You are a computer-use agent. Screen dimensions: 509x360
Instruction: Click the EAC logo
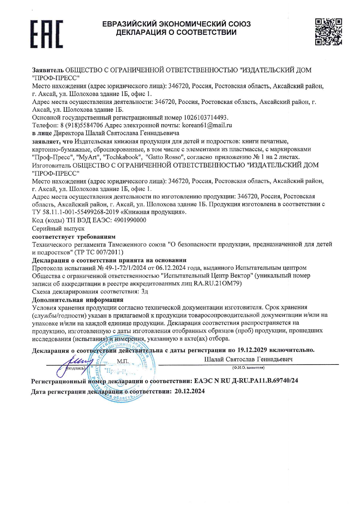(46, 34)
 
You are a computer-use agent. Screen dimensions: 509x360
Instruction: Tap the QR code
(328, 32)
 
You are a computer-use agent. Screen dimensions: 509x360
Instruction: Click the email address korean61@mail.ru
(207, 125)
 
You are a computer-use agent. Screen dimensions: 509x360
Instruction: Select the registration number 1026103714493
(206, 118)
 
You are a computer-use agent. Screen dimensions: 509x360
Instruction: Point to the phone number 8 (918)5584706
(82, 125)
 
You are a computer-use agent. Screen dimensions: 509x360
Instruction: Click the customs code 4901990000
(130, 220)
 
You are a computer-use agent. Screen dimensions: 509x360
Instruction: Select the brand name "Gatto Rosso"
(165, 157)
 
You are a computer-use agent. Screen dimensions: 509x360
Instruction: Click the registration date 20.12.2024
(190, 391)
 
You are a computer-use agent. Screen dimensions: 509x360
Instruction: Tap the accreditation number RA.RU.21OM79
(217, 283)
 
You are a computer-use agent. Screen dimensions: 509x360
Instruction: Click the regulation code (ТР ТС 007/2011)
(99, 252)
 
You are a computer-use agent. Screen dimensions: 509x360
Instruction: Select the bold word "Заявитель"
(48, 70)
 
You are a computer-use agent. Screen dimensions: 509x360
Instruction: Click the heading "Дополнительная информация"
(78, 299)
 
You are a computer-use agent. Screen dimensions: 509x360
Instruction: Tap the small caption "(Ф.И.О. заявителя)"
(248, 368)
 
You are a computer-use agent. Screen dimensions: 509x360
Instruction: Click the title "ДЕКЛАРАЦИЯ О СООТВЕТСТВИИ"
(176, 33)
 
